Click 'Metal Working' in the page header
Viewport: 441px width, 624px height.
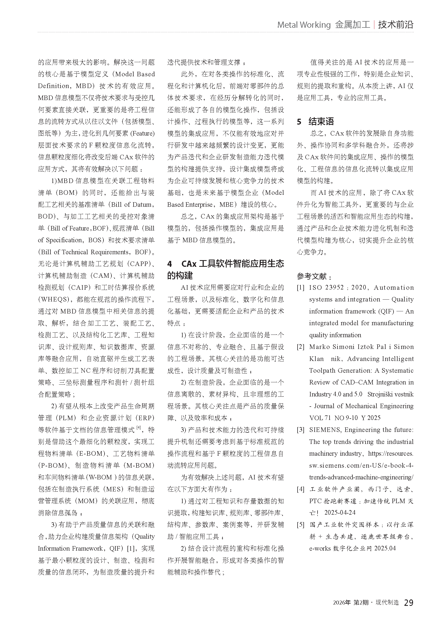(304, 25)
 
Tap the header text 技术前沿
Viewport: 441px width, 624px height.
(396, 25)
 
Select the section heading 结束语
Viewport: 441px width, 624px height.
(321, 121)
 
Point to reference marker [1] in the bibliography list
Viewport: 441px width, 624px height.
(300, 288)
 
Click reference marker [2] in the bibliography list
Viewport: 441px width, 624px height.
(300, 347)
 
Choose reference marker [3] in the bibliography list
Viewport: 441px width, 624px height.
(300, 430)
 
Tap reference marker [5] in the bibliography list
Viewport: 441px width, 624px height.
(300, 524)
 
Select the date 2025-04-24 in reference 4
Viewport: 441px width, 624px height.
(340, 512)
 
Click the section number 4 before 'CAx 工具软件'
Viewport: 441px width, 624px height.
(170, 264)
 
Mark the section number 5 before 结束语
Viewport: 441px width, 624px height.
(299, 122)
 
